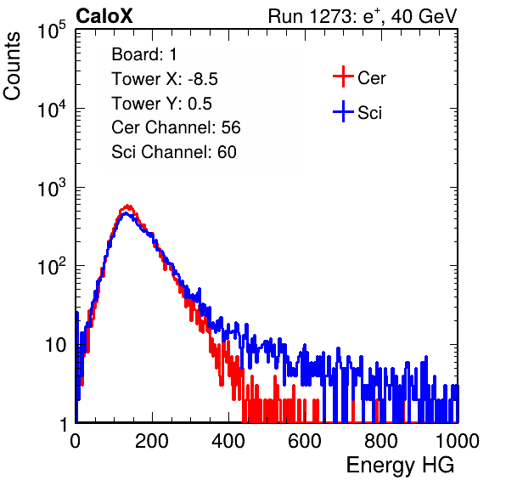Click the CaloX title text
click(x=104, y=16)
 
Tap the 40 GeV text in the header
click(x=424, y=16)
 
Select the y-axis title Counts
click(x=12, y=66)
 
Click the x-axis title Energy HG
click(x=400, y=466)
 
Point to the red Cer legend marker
click(x=343, y=76)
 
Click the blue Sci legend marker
click(x=343, y=112)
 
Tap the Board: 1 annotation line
click(x=144, y=54)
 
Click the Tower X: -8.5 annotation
click(x=165, y=79)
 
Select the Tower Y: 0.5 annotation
click(x=161, y=104)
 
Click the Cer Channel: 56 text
click(x=176, y=127)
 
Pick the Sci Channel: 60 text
click(x=174, y=152)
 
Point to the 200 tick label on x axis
click(x=152, y=441)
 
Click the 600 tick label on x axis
click(x=305, y=441)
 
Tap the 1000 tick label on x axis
click(x=458, y=441)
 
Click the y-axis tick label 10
click(x=55, y=345)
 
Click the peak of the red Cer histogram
click(x=128, y=206)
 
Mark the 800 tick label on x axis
click(x=381, y=441)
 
